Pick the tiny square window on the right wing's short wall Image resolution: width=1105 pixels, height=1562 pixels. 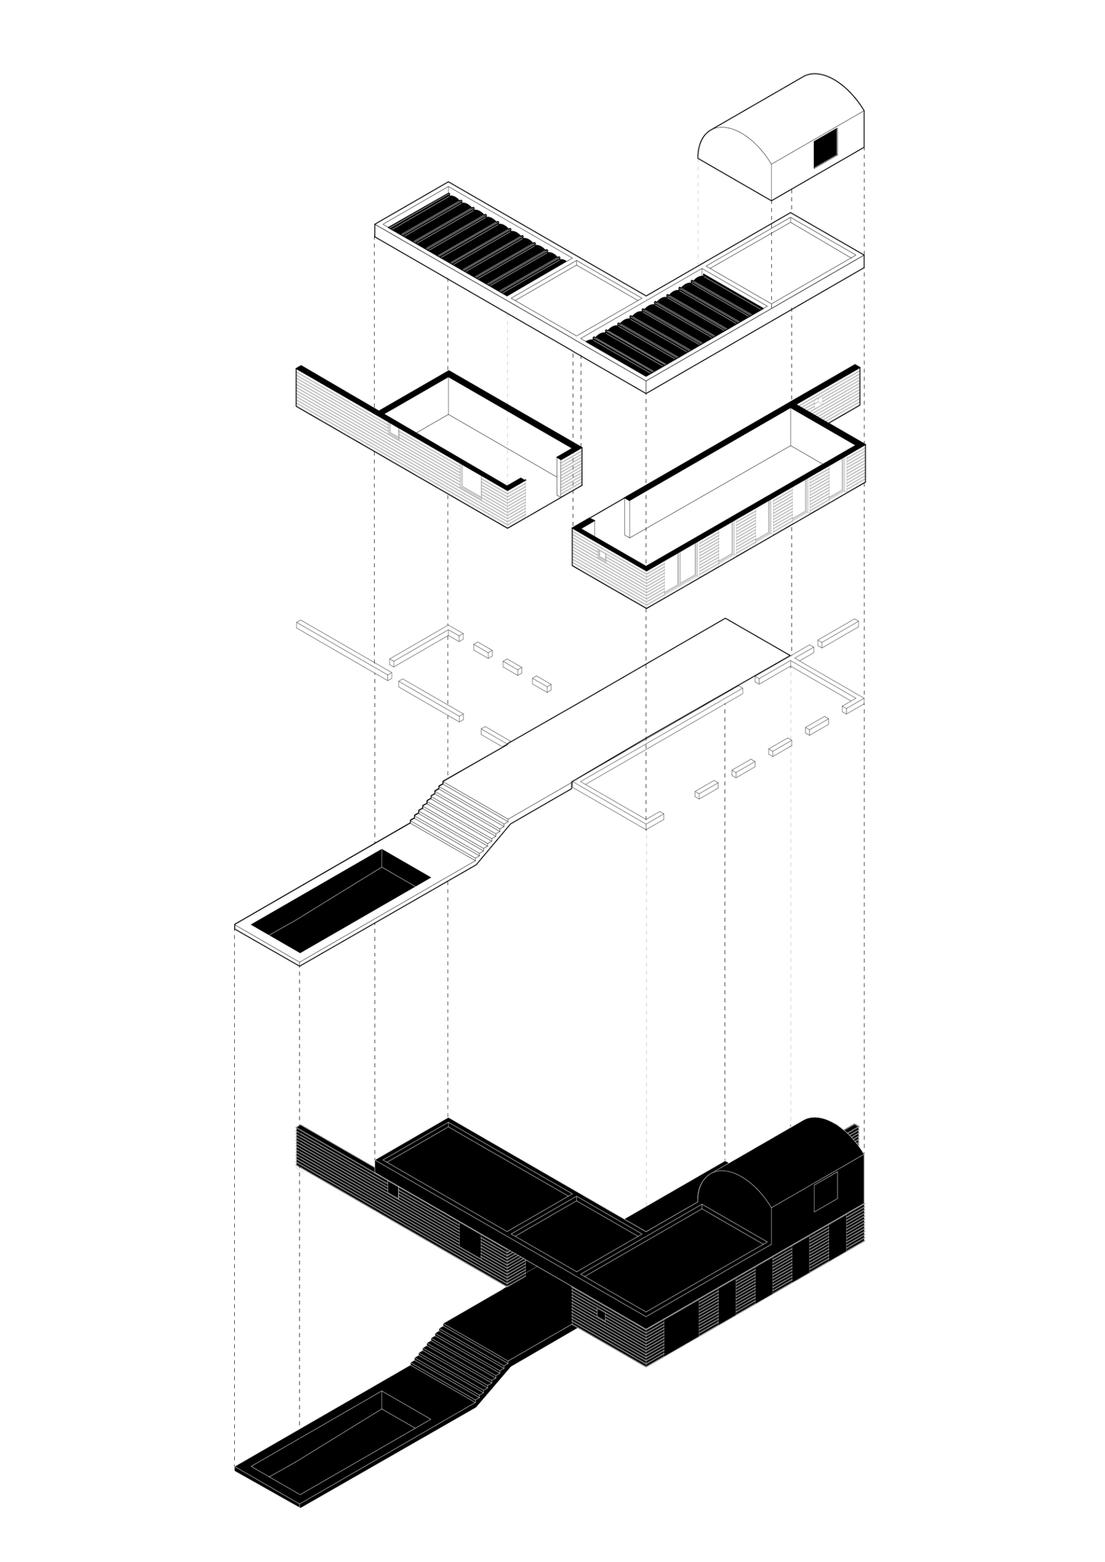(601, 1315)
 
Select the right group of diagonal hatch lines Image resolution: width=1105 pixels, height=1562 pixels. (677, 324)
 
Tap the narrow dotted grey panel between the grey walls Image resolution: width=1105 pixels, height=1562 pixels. (570, 471)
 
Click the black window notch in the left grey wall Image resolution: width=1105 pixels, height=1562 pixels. (470, 477)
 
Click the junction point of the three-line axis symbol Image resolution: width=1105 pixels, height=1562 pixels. (382, 868)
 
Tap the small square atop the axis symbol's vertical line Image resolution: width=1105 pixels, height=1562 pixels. (382, 846)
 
